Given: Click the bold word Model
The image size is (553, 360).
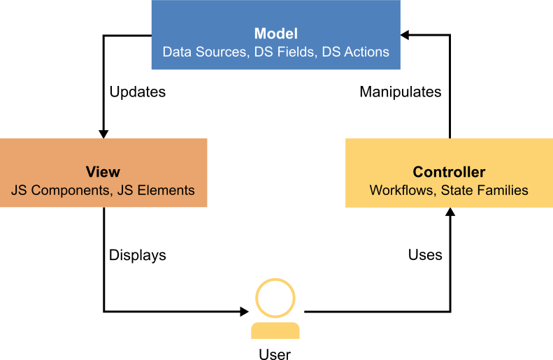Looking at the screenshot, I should (x=275, y=34).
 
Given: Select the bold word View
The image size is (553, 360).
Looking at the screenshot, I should (x=103, y=172).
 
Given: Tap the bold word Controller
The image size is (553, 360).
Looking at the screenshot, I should (x=449, y=172).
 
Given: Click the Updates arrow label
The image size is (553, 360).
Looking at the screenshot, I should (x=137, y=92).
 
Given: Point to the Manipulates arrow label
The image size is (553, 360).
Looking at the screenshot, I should (x=401, y=92).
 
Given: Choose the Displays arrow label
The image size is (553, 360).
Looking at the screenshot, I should (x=137, y=255).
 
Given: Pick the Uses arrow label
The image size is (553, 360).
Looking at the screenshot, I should (x=425, y=255).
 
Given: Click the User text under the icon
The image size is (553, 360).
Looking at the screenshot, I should (x=275, y=354).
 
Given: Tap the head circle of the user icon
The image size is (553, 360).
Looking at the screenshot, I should (x=275, y=298).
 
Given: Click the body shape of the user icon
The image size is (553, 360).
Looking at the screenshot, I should (x=275, y=331).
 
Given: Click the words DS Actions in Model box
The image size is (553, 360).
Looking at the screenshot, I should (x=355, y=52).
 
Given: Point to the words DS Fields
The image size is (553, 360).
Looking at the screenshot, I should (x=282, y=52).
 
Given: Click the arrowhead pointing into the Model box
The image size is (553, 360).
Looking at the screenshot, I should (x=405, y=34).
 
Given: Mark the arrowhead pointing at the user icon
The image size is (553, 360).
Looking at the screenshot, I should (x=245, y=311).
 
